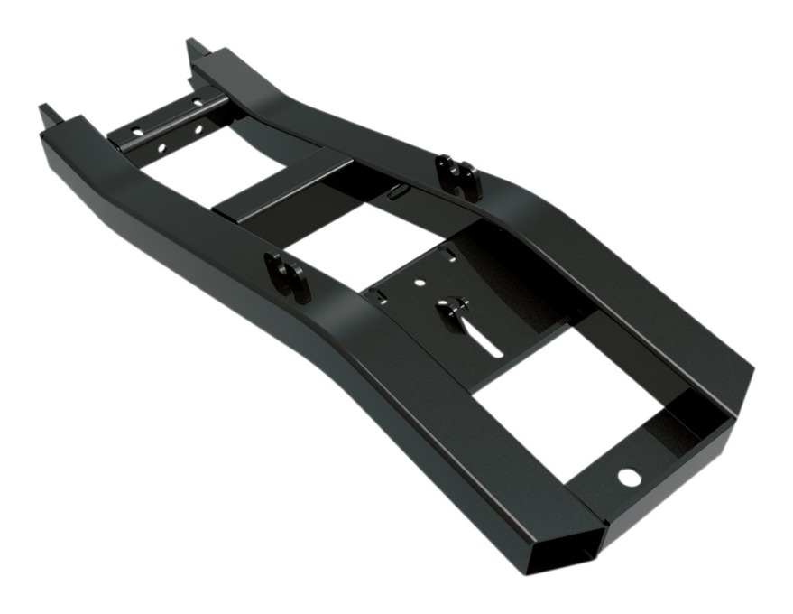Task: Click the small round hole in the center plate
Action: coord(420,283)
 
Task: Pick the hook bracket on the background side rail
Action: coord(458,176)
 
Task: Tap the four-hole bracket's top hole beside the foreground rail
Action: coord(135,132)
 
